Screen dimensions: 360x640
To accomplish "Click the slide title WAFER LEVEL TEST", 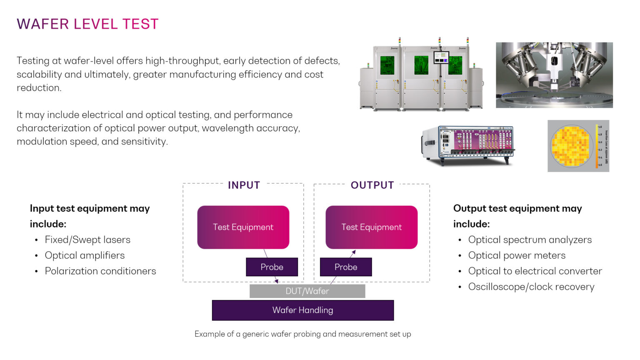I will tap(87, 24).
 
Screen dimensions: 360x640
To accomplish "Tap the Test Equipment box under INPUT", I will tap(243, 227).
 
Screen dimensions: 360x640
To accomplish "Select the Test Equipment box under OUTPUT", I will tap(371, 227).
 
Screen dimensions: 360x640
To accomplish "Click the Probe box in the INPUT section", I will tap(272, 267).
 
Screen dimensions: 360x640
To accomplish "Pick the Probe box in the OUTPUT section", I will tap(346, 267).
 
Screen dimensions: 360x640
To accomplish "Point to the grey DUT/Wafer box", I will tap(307, 291).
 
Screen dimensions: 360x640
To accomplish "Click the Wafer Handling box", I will tap(302, 310).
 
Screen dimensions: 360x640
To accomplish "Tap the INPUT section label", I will tap(244, 185).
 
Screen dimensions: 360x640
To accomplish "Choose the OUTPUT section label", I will tap(372, 185).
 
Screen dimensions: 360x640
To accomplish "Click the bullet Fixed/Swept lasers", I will tap(87, 240).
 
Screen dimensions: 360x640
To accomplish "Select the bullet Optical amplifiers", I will tap(85, 255).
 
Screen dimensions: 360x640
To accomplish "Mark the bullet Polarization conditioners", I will tap(100, 271).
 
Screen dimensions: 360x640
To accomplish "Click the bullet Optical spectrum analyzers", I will tap(530, 240).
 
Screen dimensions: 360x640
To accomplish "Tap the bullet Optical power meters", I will tap(517, 255).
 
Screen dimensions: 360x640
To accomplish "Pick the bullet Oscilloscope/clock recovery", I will tap(531, 287).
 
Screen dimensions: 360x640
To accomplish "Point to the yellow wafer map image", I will tap(578, 146).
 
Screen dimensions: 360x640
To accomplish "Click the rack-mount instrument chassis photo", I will tap(468, 145).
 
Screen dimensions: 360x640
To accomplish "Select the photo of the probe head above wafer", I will tap(554, 75).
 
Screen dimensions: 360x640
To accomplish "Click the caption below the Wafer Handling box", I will tap(302, 334).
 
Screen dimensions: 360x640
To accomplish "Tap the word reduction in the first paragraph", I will tap(38, 88).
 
